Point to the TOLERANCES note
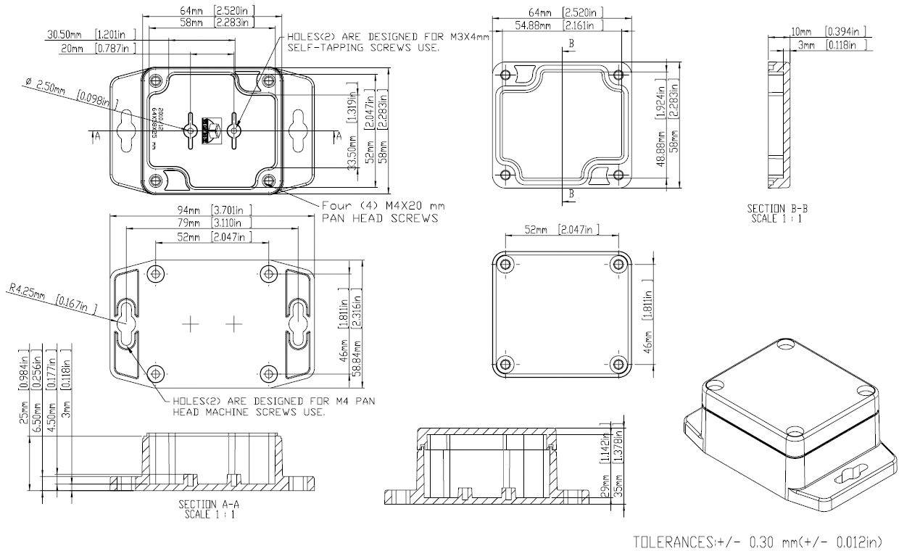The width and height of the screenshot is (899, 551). (758, 542)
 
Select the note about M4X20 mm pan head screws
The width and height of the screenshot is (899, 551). (383, 212)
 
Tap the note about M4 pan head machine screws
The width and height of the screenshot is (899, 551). (273, 406)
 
